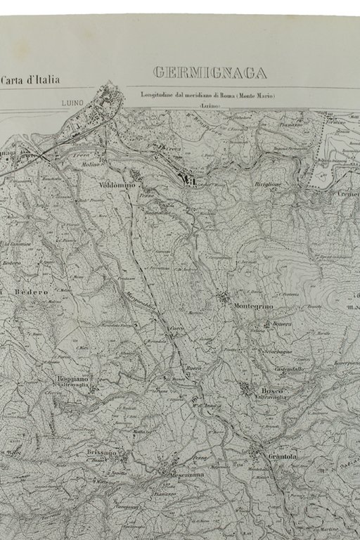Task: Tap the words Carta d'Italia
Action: tap(30, 80)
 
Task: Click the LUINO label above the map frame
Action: tap(72, 103)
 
